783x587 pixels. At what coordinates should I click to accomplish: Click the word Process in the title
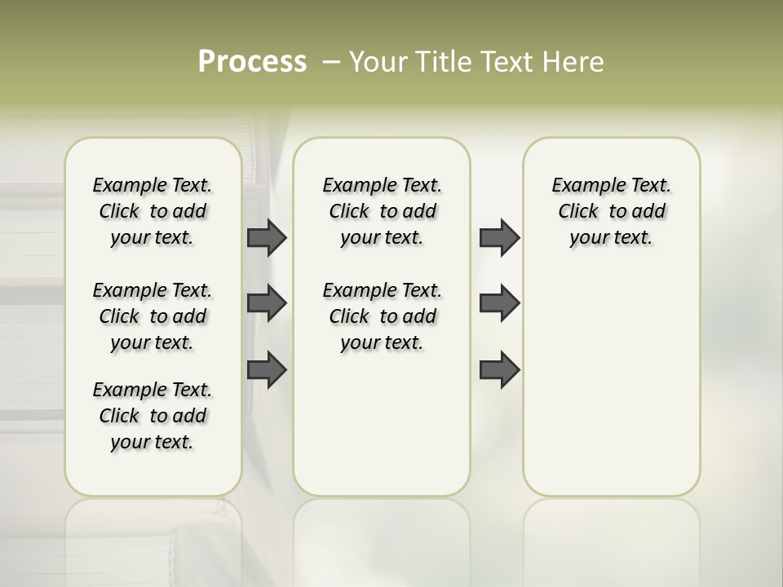[x=252, y=62]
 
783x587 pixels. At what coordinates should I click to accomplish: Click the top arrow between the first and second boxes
[x=267, y=237]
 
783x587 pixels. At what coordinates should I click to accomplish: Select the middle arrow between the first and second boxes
[x=267, y=303]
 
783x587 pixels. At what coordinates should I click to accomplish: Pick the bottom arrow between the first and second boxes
[x=267, y=370]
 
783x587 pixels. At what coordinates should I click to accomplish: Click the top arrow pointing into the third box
[x=499, y=237]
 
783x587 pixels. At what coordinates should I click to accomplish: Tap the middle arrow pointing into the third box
[x=499, y=303]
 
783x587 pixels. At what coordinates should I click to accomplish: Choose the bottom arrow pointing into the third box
[x=499, y=370]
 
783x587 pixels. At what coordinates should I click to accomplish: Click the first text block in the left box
[x=153, y=211]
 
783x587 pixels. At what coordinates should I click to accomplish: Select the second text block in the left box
[x=153, y=316]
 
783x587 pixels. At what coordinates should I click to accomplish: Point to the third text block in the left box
[x=153, y=416]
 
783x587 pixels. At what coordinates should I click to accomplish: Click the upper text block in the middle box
[x=382, y=211]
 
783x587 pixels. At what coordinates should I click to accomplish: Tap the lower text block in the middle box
[x=382, y=316]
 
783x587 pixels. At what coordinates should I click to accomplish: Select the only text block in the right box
[x=611, y=211]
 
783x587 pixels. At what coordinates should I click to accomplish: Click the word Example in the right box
[x=582, y=186]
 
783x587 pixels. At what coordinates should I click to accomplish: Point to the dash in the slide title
[x=331, y=62]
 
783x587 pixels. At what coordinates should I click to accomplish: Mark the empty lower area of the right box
[x=611, y=391]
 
